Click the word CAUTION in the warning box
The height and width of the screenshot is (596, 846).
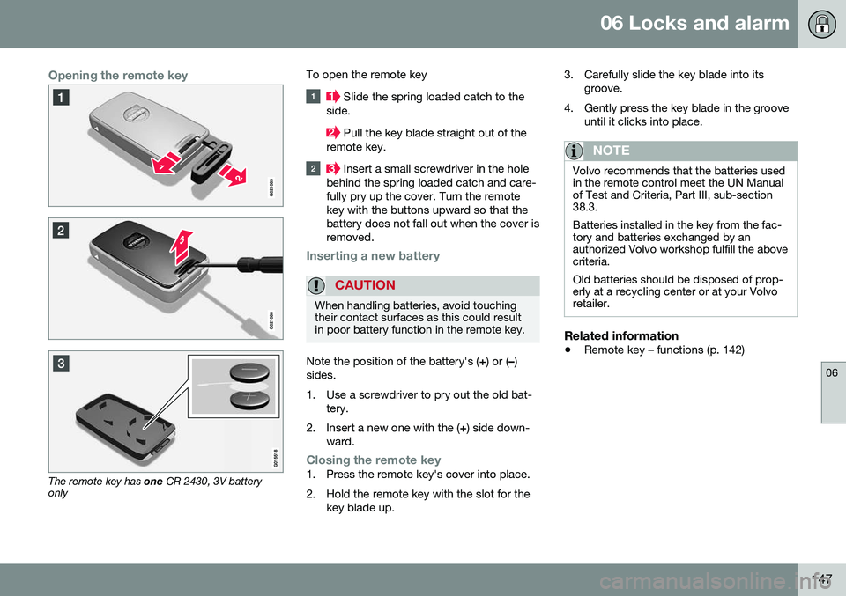(364, 286)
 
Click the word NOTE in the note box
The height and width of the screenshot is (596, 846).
(612, 151)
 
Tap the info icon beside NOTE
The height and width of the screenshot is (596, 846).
(581, 150)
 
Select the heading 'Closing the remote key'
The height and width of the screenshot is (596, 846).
(373, 460)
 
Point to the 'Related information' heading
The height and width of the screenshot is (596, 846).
(621, 335)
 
